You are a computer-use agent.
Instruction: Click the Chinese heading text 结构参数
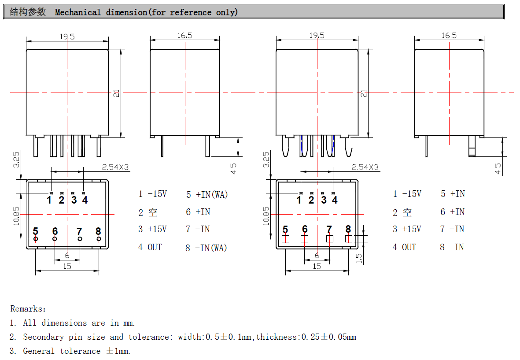pos(28,12)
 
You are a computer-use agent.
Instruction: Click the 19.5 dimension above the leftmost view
pos(67,37)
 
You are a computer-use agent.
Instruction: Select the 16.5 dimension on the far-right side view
pos(449,36)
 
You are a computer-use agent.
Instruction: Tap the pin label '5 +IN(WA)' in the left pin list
pos(207,194)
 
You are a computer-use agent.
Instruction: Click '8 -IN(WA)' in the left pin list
pos(206,248)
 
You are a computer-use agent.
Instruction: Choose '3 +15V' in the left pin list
pos(152,229)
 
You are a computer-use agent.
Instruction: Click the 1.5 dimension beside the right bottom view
pos(359,258)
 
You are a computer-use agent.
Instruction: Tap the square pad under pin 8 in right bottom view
pos(349,239)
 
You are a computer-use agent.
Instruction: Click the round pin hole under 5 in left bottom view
pos(36,239)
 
